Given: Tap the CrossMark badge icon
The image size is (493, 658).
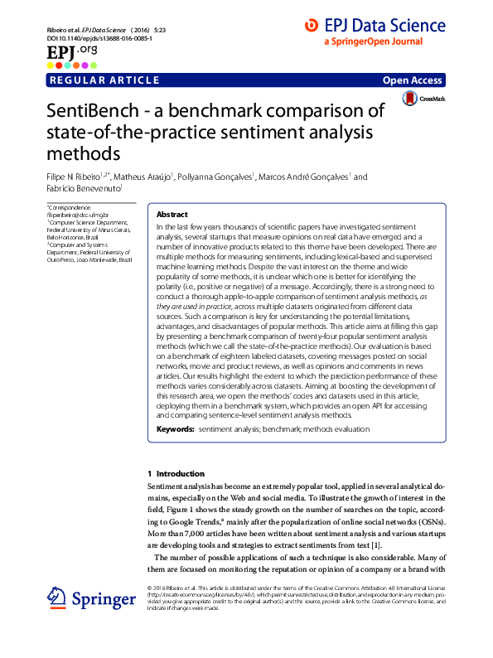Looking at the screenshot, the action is [410, 99].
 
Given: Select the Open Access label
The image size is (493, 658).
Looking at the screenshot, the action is [413, 80].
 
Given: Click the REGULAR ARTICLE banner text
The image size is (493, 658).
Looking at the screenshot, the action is [104, 80].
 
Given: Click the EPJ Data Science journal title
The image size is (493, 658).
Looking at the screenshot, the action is [384, 26].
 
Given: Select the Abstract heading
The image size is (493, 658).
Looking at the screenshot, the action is [172, 214].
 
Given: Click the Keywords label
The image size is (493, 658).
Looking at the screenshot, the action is [175, 430].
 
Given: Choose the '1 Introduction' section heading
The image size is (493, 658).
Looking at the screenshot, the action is [169, 473].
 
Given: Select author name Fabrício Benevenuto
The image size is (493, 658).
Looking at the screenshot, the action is [85, 189].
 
